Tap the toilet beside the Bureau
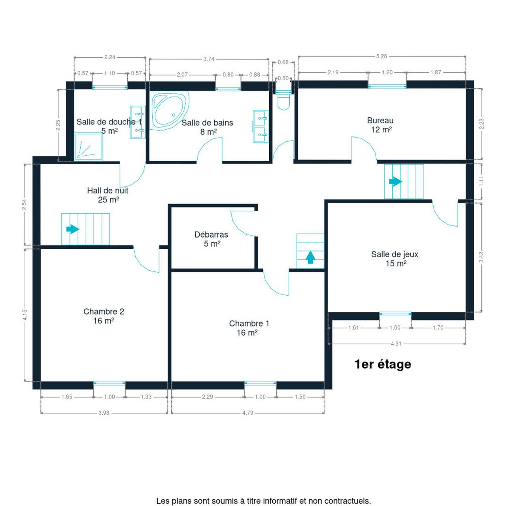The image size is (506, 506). (283, 101)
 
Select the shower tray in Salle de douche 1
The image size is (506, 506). (89, 147)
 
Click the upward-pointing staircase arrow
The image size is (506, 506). (310, 257)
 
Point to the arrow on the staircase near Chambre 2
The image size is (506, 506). (73, 229)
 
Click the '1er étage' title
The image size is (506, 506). (383, 364)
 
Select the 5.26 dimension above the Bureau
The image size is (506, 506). (381, 56)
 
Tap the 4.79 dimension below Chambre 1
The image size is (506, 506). (247, 413)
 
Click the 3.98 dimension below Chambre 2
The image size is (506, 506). (104, 413)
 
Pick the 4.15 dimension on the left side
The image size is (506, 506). (25, 315)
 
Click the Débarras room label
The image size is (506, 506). (211, 234)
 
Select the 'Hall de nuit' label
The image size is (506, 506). (108, 191)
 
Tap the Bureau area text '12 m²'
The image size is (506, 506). (381, 129)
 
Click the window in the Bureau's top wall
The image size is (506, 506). (387, 86)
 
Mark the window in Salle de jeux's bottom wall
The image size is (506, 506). (395, 314)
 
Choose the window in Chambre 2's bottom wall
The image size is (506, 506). (109, 383)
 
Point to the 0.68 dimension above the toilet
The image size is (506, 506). (283, 62)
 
